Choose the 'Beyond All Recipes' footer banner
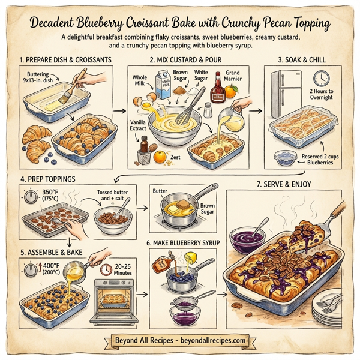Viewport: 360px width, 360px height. point(180,340)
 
